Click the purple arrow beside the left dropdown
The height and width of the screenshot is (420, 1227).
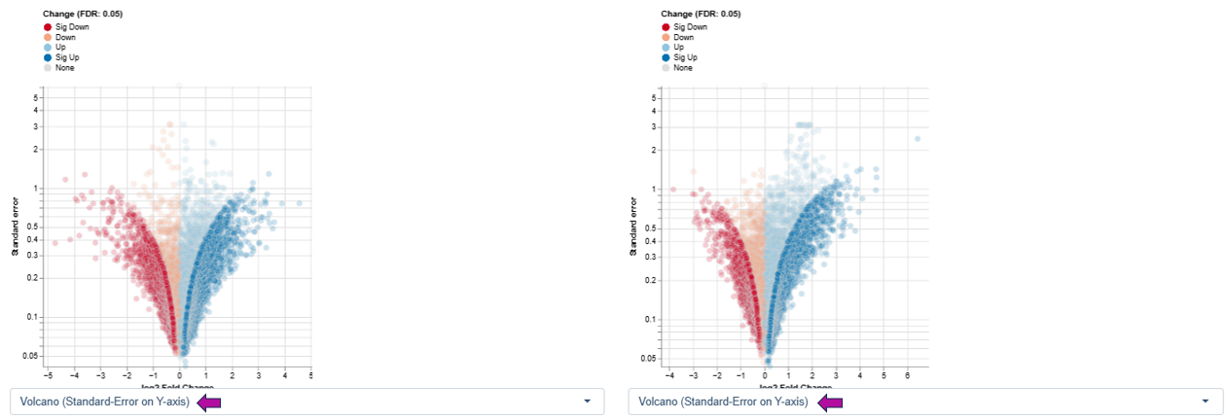click(209, 402)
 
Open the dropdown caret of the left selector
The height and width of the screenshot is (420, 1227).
click(587, 402)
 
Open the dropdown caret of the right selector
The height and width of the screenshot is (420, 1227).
click(1206, 402)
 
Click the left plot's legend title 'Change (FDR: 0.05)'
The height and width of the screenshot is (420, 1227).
click(83, 14)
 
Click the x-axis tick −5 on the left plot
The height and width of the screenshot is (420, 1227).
click(48, 374)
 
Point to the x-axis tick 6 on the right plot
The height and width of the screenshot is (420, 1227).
click(908, 374)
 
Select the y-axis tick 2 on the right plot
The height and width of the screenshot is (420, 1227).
click(655, 150)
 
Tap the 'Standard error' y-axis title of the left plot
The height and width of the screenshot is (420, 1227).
click(17, 227)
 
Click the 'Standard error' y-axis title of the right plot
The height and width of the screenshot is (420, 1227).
click(633, 227)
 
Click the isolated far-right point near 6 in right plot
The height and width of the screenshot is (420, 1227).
click(917, 139)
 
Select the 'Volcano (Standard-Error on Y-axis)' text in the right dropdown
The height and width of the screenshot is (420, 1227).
click(723, 402)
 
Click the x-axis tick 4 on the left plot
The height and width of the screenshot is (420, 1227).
click(284, 374)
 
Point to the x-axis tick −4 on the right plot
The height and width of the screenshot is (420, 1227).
click(669, 374)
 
